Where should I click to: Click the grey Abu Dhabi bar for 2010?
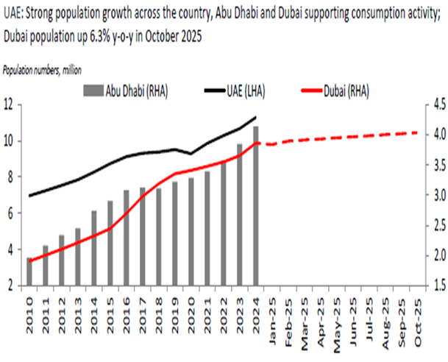coord(29,271)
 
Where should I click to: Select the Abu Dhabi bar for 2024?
coord(255,205)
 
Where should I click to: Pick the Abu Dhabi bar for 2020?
coord(191,231)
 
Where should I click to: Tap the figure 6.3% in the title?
coord(113,35)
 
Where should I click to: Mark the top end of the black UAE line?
coord(255,117)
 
